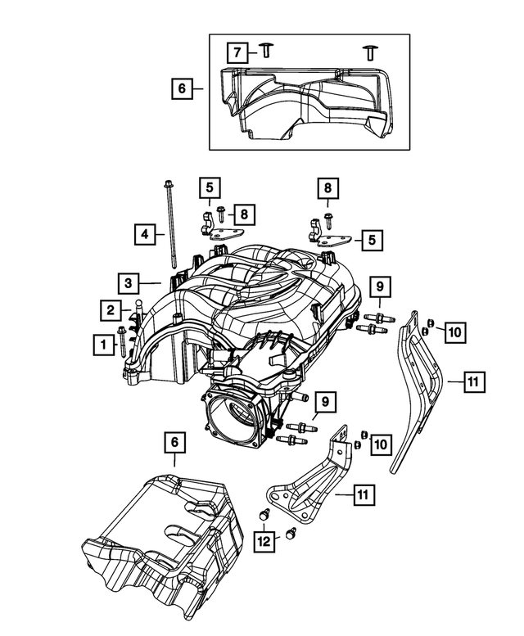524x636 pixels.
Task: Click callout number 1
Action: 103,345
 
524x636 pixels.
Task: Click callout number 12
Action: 264,542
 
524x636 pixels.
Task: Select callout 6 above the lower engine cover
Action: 174,443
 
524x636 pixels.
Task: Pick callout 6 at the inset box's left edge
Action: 182,87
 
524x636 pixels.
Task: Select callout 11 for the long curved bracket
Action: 474,381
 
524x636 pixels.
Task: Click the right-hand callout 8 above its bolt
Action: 327,190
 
